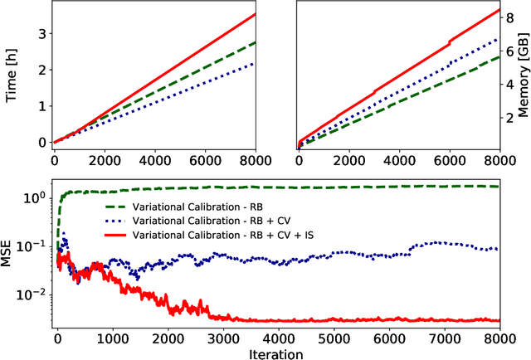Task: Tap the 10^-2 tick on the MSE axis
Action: tap(33, 294)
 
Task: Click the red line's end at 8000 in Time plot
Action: tap(256, 14)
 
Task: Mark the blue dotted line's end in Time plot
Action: tap(256, 63)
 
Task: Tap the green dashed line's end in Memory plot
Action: tap(500, 56)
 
